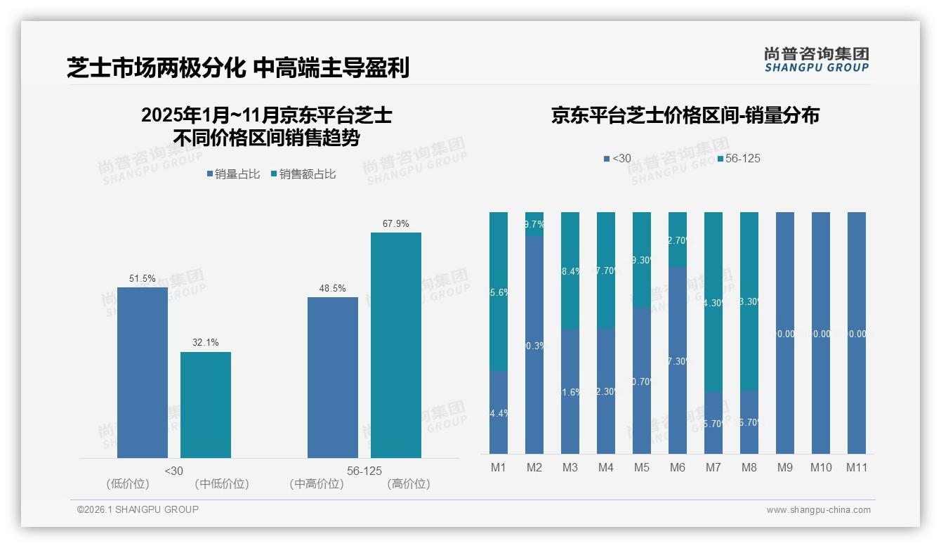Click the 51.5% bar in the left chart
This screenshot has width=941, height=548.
[143, 372]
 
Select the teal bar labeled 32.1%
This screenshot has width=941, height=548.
[206, 405]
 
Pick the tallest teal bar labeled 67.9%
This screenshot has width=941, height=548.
[396, 345]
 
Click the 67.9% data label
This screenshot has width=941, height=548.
[396, 223]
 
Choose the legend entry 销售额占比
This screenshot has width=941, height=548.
[303, 174]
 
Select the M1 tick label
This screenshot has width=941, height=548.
[498, 467]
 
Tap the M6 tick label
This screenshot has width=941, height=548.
[677, 467]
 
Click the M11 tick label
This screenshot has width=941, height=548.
[856, 467]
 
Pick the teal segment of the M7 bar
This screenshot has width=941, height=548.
[713, 301]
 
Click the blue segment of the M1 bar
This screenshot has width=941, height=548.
[498, 412]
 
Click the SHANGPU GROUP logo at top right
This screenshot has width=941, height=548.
[816, 59]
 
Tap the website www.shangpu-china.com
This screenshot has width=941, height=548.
[818, 510]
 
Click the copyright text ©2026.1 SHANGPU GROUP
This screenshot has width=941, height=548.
[138, 509]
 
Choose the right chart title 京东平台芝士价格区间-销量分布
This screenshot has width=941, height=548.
[685, 116]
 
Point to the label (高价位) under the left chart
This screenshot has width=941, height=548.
[409, 484]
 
